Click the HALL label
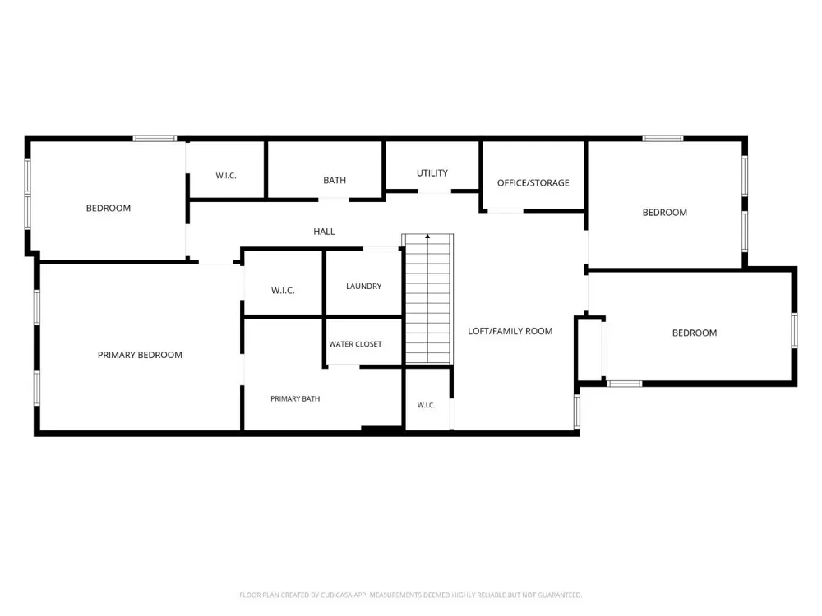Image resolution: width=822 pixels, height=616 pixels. (324, 232)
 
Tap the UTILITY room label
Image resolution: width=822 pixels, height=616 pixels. (432, 172)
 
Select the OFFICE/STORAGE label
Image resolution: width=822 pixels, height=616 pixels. (533, 183)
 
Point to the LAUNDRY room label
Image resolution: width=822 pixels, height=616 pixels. (364, 286)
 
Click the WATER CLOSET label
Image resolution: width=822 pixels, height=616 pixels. (355, 344)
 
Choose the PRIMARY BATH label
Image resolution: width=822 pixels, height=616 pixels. (295, 398)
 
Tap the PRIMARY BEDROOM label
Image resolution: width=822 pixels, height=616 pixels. (140, 355)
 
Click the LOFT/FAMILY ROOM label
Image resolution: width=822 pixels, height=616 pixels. (510, 331)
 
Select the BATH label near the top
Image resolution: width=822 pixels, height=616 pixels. (335, 180)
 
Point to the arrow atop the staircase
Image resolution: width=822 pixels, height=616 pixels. (427, 237)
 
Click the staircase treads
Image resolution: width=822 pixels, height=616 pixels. (427, 299)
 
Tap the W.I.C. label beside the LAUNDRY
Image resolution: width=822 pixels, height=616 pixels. (283, 290)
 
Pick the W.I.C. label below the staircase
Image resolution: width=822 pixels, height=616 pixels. (426, 405)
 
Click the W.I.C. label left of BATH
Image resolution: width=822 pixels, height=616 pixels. (226, 176)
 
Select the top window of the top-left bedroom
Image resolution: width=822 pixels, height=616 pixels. (155, 138)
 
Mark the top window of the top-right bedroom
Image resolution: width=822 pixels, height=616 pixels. (663, 138)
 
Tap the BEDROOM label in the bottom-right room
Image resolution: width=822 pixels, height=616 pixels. (695, 333)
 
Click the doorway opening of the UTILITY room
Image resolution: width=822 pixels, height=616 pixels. (435, 191)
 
